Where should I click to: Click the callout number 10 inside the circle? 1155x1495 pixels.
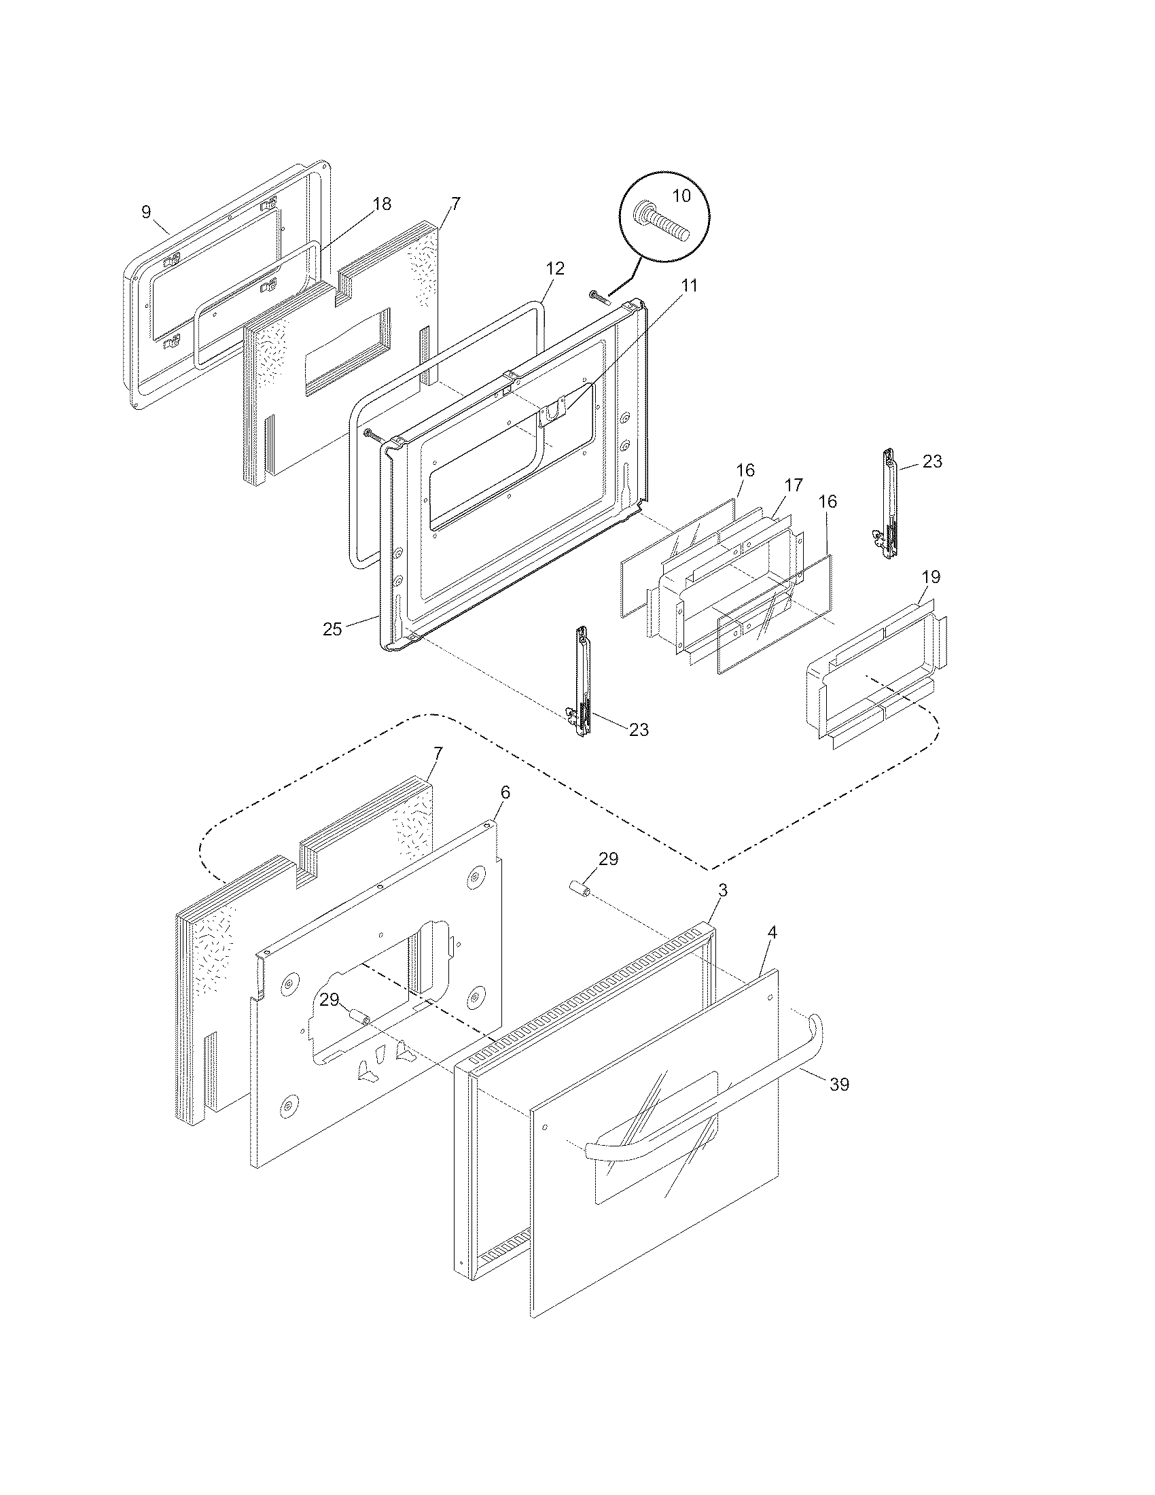[681, 196]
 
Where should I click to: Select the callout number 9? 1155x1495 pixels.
[146, 211]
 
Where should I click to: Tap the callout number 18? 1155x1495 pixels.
[382, 203]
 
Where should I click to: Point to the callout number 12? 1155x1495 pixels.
[555, 268]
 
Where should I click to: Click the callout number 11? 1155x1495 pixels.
[690, 285]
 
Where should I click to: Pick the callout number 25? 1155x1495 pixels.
[332, 629]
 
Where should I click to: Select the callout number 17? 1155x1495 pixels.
[793, 485]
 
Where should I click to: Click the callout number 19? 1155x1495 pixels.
[931, 576]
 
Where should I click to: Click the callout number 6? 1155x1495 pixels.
[505, 792]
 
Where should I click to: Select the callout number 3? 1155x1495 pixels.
[723, 890]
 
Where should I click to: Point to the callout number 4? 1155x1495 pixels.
[772, 932]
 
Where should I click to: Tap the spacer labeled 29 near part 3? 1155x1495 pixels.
[579, 891]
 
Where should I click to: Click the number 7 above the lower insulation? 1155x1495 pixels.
[438, 752]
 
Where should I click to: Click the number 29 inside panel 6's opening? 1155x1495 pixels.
[329, 1000]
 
